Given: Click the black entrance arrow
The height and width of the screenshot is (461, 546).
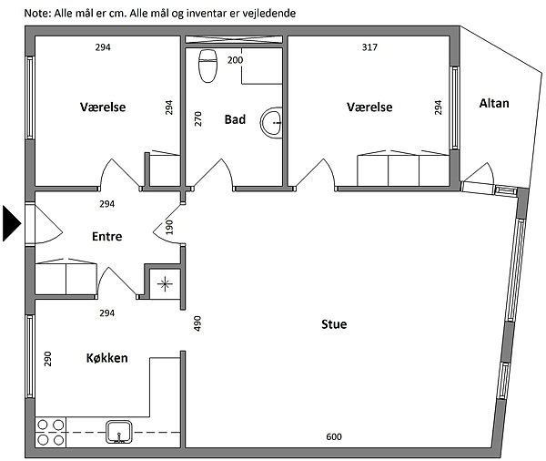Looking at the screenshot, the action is click(x=11, y=223).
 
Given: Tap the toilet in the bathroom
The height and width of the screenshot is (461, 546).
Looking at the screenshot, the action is click(x=207, y=66).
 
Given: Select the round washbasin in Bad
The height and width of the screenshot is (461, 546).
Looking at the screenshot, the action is click(x=271, y=121).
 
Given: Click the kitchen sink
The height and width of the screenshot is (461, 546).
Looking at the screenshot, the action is click(x=119, y=432).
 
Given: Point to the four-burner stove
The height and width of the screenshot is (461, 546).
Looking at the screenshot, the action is click(x=50, y=433).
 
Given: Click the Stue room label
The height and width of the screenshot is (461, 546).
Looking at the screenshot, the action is click(x=334, y=324).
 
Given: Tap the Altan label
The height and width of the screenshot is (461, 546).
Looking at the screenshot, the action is click(x=494, y=103).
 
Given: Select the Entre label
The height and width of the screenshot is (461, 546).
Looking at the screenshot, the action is click(x=106, y=237).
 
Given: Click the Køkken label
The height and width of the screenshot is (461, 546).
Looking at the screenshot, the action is click(x=106, y=358).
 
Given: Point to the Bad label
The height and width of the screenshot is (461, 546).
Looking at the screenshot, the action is click(x=235, y=119).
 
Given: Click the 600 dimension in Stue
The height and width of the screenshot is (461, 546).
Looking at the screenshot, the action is click(x=334, y=436).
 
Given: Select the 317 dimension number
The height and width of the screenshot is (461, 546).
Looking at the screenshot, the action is click(x=369, y=47).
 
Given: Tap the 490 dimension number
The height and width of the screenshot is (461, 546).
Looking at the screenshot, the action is click(x=197, y=323).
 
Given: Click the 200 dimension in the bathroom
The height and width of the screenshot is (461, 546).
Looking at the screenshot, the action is click(x=235, y=60).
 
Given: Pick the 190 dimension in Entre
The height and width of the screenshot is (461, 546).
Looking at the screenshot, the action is click(x=169, y=228).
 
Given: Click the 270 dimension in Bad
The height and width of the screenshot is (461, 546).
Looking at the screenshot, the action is click(x=197, y=119).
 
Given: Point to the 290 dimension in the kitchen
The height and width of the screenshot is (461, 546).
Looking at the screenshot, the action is click(x=47, y=359).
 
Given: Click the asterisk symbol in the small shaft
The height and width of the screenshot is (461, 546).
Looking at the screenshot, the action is click(x=165, y=284).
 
